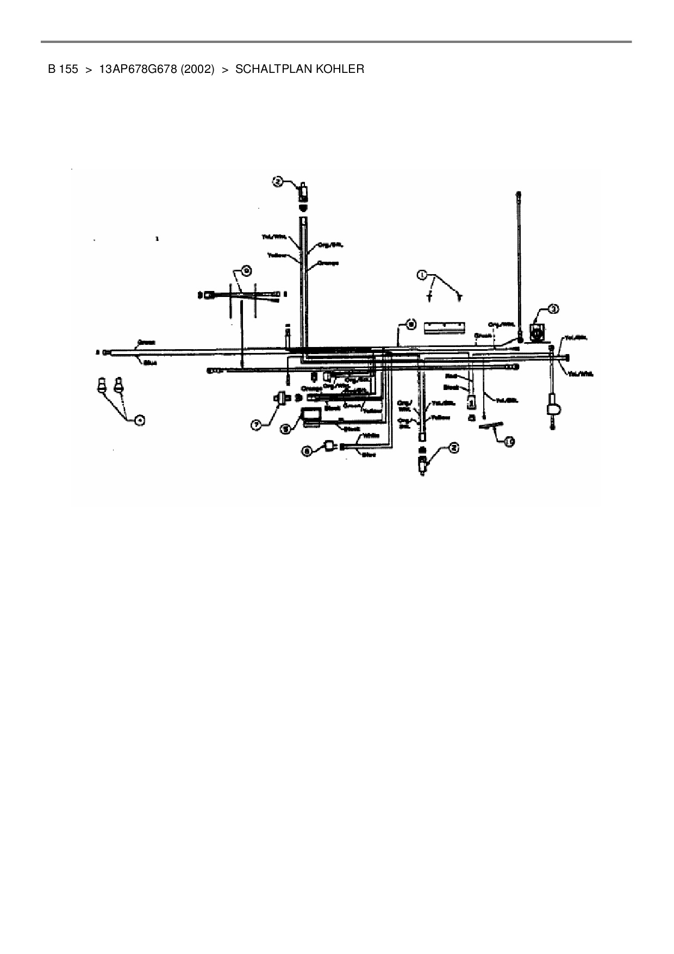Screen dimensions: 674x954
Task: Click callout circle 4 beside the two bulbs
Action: pyautogui.click(x=140, y=419)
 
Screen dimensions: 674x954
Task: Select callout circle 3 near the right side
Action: pyautogui.click(x=553, y=309)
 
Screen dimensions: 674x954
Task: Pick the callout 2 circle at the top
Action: pyautogui.click(x=278, y=182)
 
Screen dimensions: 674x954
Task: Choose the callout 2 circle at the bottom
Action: pyautogui.click(x=453, y=448)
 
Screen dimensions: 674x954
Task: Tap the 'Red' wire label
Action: pyautogui.click(x=451, y=376)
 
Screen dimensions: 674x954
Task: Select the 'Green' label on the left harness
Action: pyautogui.click(x=146, y=343)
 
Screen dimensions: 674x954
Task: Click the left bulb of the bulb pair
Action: pyautogui.click(x=101, y=386)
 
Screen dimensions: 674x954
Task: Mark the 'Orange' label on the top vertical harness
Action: pyautogui.click(x=328, y=263)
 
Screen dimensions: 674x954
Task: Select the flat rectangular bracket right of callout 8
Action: pyautogui.click(x=445, y=326)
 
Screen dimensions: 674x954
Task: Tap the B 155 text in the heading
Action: pyautogui.click(x=63, y=69)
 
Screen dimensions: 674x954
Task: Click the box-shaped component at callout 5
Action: pyautogui.click(x=312, y=416)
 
